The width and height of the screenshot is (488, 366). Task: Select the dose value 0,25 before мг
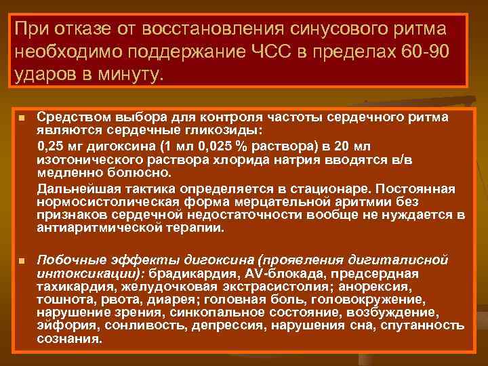point(52,146)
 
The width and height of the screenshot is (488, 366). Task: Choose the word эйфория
point(61,325)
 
